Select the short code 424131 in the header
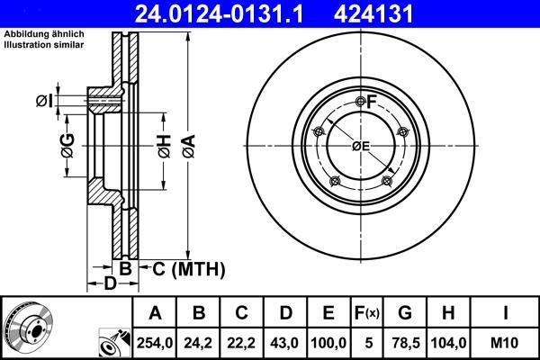[400, 13]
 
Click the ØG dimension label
[67, 144]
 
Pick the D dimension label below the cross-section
[108, 285]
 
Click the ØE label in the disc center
[361, 146]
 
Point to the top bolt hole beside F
[361, 101]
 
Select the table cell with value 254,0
[155, 342]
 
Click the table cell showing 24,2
[200, 342]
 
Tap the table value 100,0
[328, 342]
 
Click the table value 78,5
[405, 342]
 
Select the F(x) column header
[366, 313]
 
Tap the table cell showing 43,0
[285, 342]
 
